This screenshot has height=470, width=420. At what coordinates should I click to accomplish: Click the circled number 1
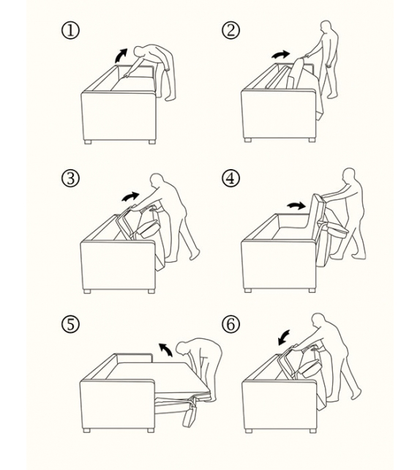(x=71, y=31)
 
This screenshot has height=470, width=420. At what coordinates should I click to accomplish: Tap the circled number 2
(x=230, y=31)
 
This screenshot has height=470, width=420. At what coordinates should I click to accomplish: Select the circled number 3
(x=71, y=178)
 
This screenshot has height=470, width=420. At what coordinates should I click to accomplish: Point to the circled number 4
(x=230, y=178)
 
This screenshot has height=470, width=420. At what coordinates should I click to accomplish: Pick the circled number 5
(x=71, y=324)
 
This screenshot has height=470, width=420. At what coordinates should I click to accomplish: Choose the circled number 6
(x=230, y=324)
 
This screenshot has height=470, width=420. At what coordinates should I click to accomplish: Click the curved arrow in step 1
(x=121, y=55)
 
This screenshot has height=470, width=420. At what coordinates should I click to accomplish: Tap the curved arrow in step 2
(x=281, y=54)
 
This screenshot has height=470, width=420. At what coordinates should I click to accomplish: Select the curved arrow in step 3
(x=131, y=197)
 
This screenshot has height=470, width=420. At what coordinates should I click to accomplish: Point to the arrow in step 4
(x=296, y=205)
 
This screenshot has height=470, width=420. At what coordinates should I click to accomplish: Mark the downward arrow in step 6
(x=284, y=337)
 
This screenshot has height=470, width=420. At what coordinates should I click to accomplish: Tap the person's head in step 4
(x=349, y=175)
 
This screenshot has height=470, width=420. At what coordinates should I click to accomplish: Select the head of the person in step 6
(x=318, y=321)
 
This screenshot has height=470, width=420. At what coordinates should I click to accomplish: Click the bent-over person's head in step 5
(x=181, y=348)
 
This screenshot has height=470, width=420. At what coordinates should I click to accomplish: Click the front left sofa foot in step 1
(x=88, y=142)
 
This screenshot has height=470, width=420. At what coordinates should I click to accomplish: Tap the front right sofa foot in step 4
(x=312, y=290)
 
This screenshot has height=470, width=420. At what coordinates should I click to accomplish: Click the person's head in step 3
(x=157, y=181)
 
